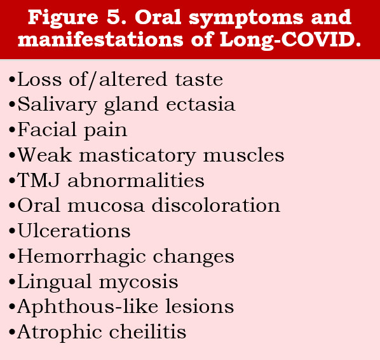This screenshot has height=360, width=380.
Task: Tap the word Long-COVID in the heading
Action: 290,39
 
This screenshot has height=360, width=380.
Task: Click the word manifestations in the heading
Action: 100,39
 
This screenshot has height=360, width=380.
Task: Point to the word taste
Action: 199,80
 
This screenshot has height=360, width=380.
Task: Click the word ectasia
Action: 201,104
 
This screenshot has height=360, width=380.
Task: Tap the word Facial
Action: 47,130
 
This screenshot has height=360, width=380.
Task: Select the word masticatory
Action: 137,156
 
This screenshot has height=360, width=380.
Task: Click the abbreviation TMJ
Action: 38,181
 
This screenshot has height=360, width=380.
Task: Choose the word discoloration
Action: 216,205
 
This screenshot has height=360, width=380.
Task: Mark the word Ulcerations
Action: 74,230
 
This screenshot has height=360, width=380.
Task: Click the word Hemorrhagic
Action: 82,257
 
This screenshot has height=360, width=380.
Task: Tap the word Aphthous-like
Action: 88,306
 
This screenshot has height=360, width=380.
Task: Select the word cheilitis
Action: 147,331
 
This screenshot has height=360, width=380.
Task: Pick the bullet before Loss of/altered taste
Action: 12,80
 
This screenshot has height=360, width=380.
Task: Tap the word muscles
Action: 243,155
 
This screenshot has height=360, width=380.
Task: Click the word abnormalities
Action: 136,180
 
